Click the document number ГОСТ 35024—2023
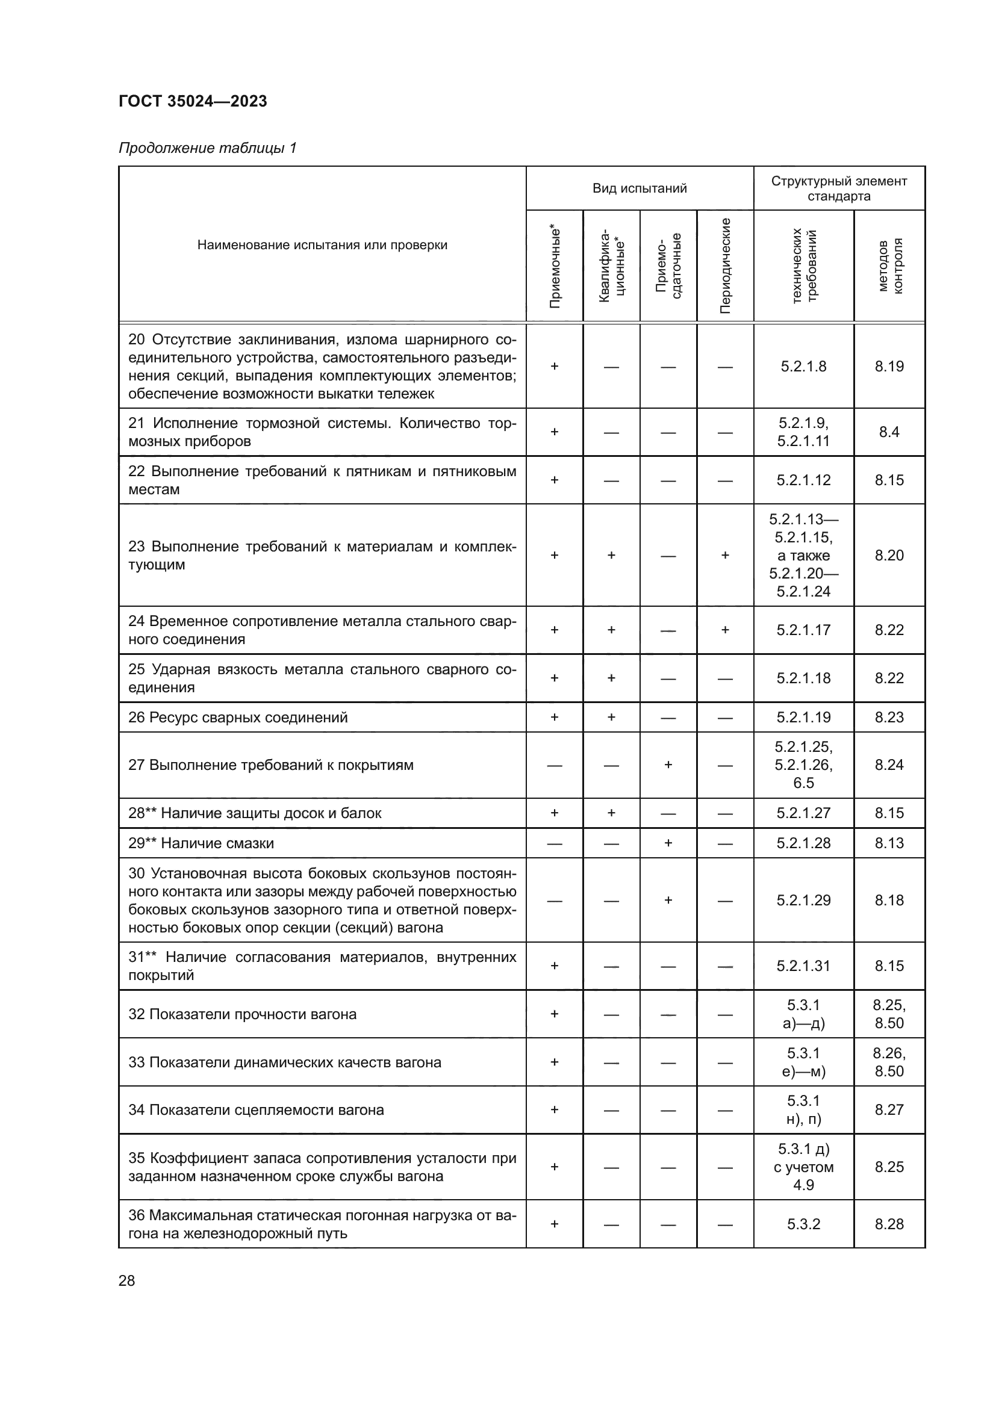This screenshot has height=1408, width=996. pos(193,101)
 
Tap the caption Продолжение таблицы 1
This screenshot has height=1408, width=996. pos(207,148)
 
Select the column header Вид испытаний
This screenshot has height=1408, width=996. pos(639,188)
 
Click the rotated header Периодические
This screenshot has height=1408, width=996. pos(725,265)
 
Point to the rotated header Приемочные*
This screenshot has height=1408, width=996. pos(555,265)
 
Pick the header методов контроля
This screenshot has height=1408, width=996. pos(889,265)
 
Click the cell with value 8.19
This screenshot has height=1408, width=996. pos(889,366)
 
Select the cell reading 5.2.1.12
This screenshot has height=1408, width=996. pos(803,480)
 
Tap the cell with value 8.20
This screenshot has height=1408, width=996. pos(889,555)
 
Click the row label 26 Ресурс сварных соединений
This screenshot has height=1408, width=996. pos(238,718)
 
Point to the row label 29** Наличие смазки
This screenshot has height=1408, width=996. pos(201,843)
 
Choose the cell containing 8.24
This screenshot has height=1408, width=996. pos(889,764)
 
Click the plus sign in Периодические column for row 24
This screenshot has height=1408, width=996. pos(725,630)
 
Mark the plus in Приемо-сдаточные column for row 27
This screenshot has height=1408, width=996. pos(668,764)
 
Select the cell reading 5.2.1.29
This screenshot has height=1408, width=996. pos(803,900)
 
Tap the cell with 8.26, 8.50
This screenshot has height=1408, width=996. pos(889,1062)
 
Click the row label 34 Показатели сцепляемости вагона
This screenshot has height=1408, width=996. pos(257,1110)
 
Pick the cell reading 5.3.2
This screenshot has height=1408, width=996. pos(803,1224)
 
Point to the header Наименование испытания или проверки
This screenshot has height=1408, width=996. pos(322,245)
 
